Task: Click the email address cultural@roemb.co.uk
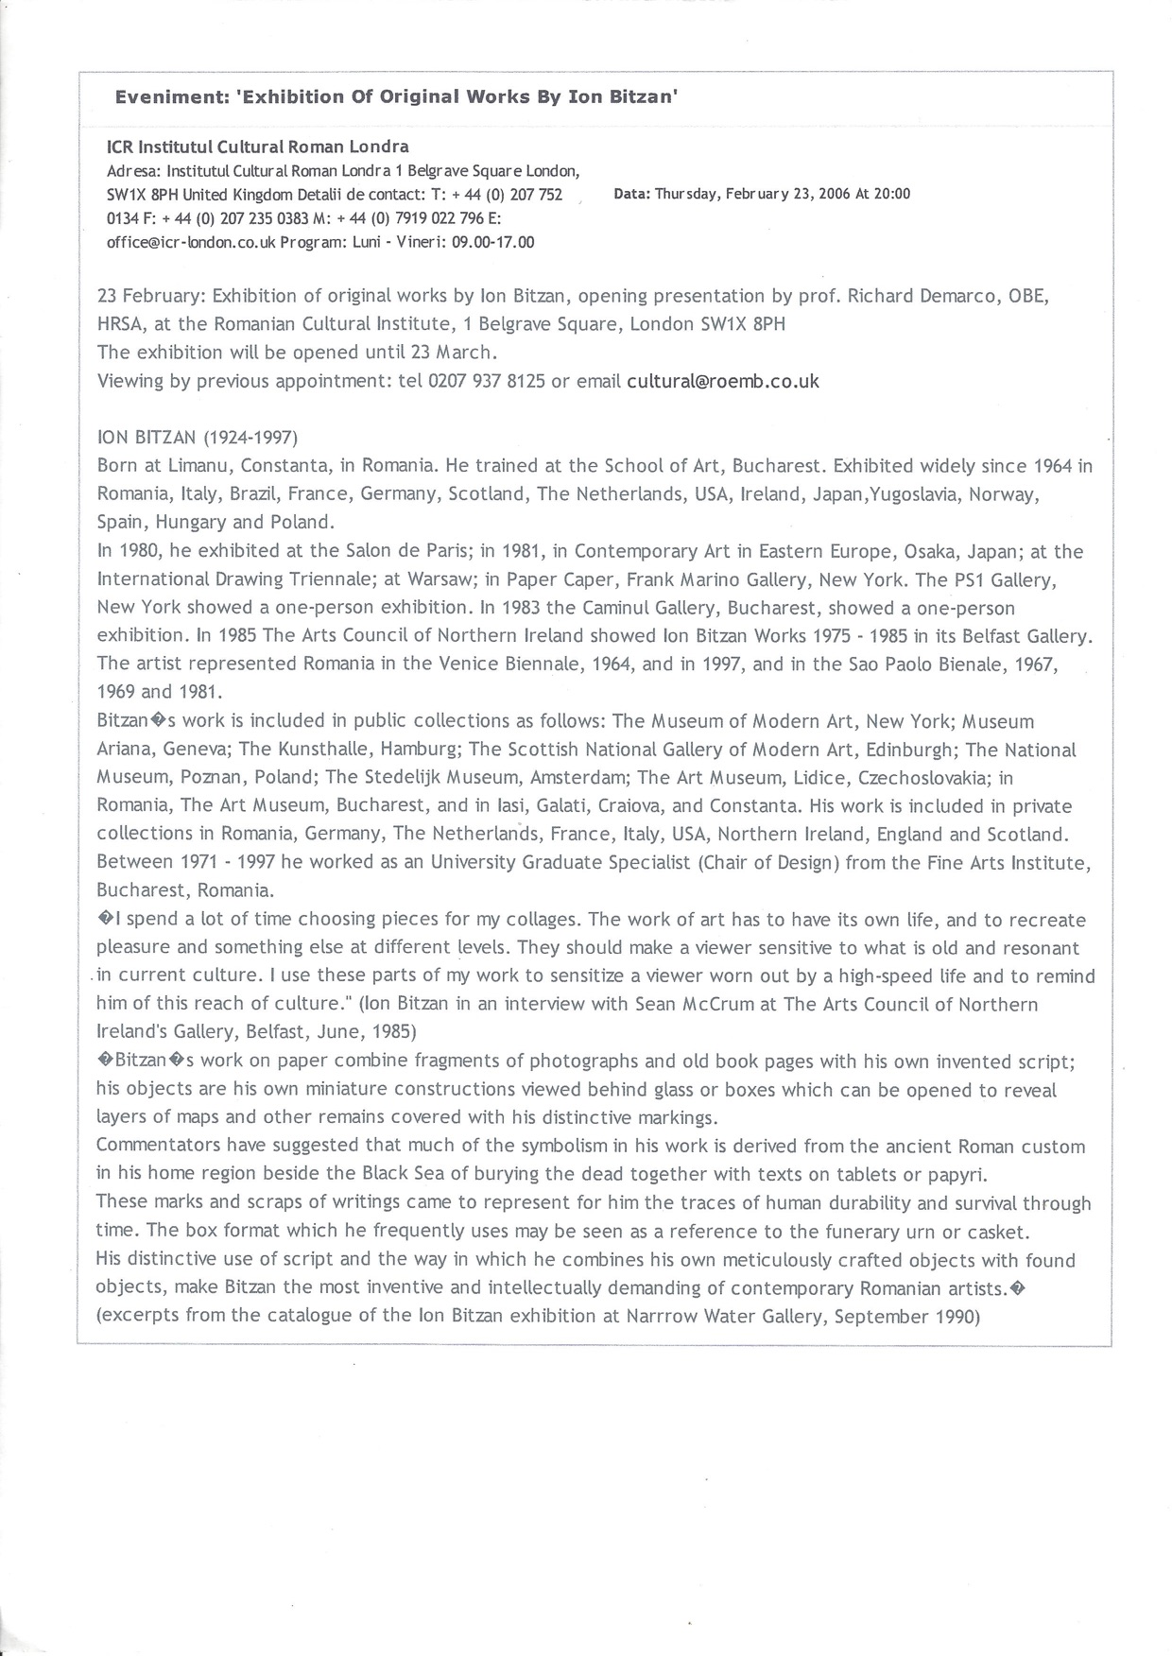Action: [723, 381]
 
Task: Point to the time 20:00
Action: [892, 194]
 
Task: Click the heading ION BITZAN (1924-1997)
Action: [198, 438]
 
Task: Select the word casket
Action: [1028, 1232]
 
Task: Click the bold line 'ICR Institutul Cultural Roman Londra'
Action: [257, 147]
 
